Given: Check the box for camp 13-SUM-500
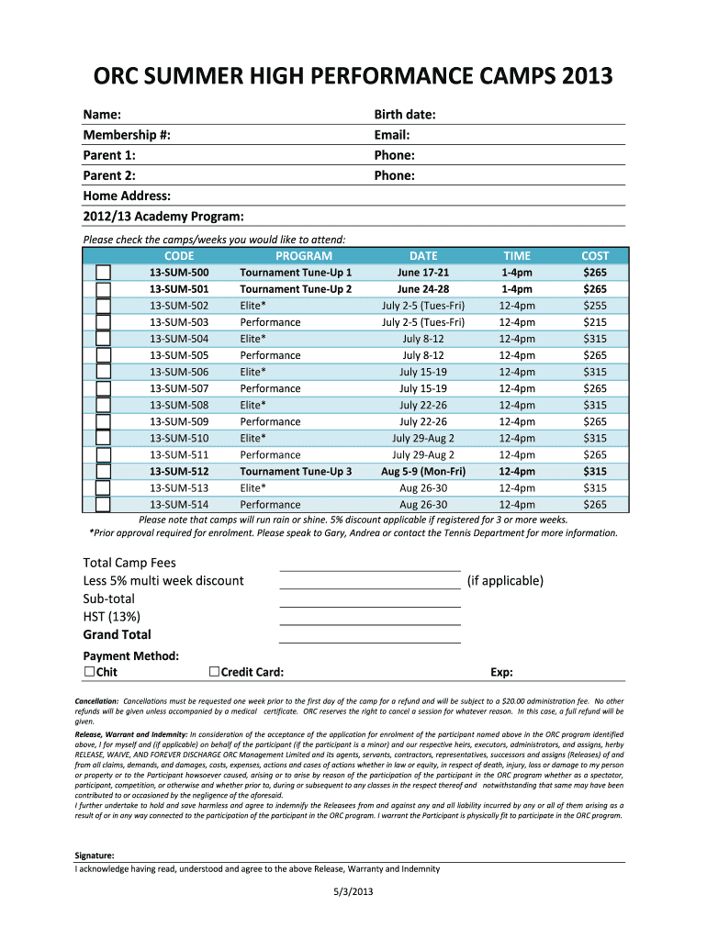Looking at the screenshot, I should [104, 273].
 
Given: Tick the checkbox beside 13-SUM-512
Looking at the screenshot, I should [104, 471].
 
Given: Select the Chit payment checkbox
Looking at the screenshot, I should [89, 672].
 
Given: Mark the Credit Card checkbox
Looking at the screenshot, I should [215, 672].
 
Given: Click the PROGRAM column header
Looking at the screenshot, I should [304, 256].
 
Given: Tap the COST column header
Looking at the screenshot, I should [595, 256].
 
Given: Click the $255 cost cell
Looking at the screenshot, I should [595, 306].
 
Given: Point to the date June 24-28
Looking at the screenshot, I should [423, 289].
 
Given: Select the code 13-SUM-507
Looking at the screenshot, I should [179, 388].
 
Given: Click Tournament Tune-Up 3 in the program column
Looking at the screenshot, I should [296, 471].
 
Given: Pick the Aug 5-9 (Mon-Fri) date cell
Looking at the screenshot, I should [423, 471].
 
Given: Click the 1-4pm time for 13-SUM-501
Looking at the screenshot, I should [517, 289].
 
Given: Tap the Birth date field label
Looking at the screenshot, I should [405, 115].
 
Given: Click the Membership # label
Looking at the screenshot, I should [127, 135].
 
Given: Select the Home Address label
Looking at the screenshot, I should [127, 196].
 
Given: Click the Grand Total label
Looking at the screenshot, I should [118, 634].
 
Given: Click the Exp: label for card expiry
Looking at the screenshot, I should [501, 672].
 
